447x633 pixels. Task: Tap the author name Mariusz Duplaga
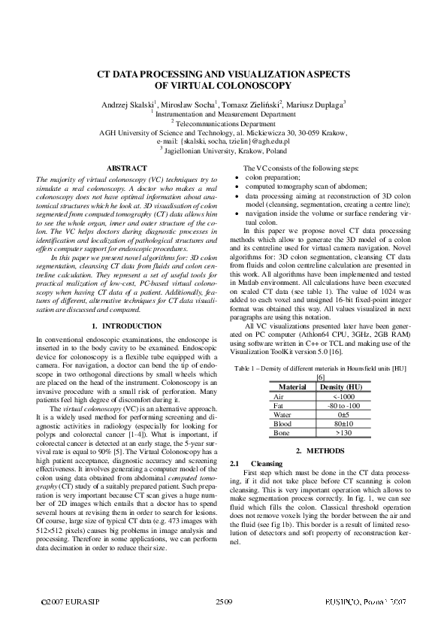[x=312, y=104]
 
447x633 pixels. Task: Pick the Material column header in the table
[x=292, y=386]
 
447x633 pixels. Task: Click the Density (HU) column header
[x=341, y=386]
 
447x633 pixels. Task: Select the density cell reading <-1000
[x=341, y=395]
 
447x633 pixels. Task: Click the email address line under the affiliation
[x=223, y=141]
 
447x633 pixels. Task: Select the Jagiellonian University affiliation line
[x=223, y=149]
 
